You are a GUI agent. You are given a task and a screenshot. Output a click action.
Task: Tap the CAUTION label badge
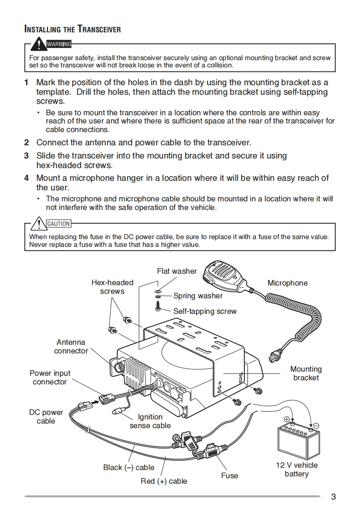[59, 224]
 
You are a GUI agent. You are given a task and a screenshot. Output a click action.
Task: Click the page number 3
[333, 496]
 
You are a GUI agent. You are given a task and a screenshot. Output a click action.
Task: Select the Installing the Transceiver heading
[72, 30]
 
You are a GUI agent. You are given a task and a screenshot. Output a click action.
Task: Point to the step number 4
[26, 178]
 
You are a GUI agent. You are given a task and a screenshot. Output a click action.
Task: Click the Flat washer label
[177, 271]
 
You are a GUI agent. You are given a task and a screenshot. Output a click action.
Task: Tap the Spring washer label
[198, 296]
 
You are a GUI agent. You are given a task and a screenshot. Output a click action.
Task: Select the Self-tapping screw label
[205, 312]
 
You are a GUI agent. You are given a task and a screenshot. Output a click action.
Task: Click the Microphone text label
[287, 283]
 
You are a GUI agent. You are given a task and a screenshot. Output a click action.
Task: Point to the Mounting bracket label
[306, 373]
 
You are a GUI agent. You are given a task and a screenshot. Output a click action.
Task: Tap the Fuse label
[229, 475]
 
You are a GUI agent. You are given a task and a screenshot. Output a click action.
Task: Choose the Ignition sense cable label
[150, 421]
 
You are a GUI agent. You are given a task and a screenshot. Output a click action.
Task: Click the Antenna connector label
[71, 347]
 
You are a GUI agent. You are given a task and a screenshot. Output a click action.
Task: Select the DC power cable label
[46, 417]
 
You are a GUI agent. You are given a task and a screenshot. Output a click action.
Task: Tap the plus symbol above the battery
[287, 419]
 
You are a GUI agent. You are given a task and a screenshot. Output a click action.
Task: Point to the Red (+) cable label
[164, 481]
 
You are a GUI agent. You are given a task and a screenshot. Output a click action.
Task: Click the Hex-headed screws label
[112, 287]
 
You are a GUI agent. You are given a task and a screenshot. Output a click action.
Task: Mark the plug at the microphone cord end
[274, 353]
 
